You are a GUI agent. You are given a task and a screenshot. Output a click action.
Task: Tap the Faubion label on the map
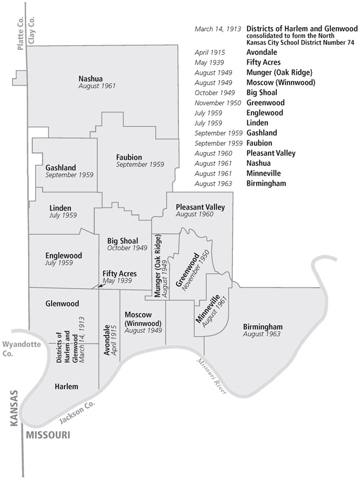pyautogui.click(x=129, y=157)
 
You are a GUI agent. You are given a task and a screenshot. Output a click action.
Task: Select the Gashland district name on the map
pyautogui.click(x=61, y=168)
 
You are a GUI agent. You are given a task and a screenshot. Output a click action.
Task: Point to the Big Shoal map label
pyautogui.click(x=123, y=241)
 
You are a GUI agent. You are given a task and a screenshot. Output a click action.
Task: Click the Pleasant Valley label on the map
pyautogui.click(x=200, y=207)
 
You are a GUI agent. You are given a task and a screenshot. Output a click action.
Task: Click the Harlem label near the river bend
pyautogui.click(x=66, y=387)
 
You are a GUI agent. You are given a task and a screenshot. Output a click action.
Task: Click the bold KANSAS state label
pyautogui.click(x=14, y=408)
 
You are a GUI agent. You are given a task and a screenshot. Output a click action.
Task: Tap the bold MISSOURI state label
pyautogui.click(x=48, y=435)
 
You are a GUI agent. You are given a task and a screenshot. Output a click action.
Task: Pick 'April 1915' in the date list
pyautogui.click(x=209, y=52)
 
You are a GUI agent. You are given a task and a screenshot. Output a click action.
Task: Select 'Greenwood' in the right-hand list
pyautogui.click(x=265, y=103)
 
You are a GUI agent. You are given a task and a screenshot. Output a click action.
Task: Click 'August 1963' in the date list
pyautogui.click(x=213, y=183)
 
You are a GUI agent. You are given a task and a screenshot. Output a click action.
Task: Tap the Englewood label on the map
pyautogui.click(x=63, y=255)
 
